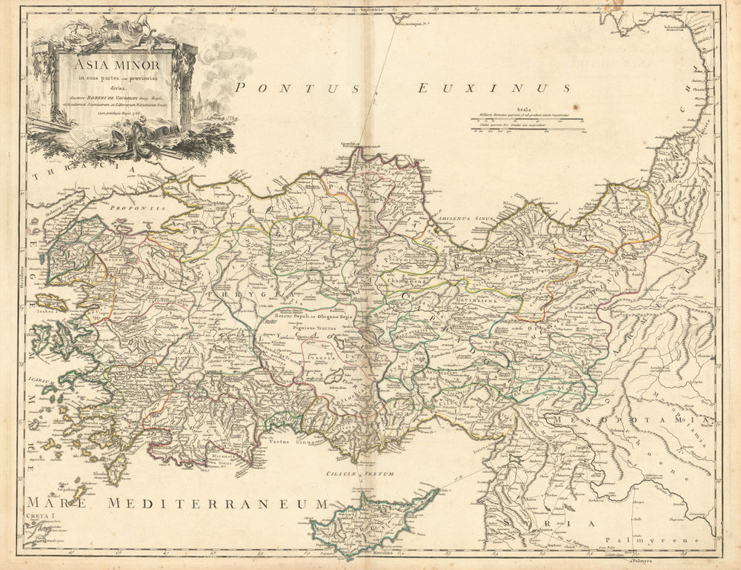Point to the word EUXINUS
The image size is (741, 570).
point(494,89)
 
